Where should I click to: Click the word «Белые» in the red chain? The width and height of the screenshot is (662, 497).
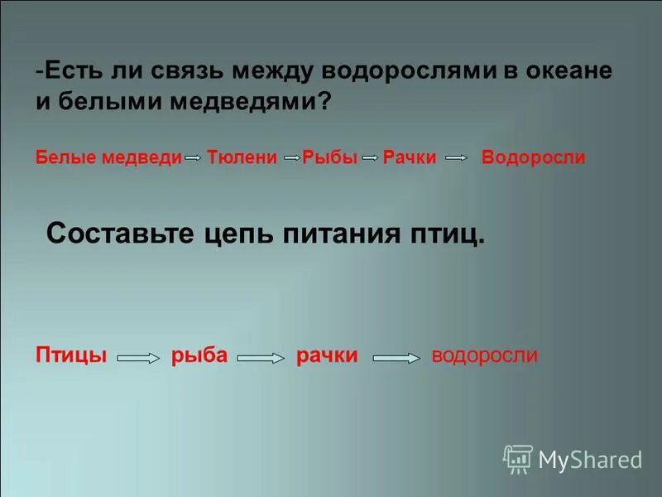pos(65,157)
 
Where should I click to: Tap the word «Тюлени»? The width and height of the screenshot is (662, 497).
pos(242,157)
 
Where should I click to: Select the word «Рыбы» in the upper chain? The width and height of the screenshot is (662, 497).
pos(329,157)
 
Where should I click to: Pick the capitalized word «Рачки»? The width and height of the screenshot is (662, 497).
pos(410,157)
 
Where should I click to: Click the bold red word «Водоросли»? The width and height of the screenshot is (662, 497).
pos(533,157)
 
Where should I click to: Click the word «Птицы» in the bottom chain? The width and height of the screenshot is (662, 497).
pos(72,355)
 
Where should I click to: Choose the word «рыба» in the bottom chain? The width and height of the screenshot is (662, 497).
pos(199,355)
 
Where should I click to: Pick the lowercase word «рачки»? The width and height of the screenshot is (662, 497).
pos(327,355)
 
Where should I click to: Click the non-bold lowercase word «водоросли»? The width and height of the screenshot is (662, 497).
pos(485,355)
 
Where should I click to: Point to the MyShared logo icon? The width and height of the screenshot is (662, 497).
pos(517,458)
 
